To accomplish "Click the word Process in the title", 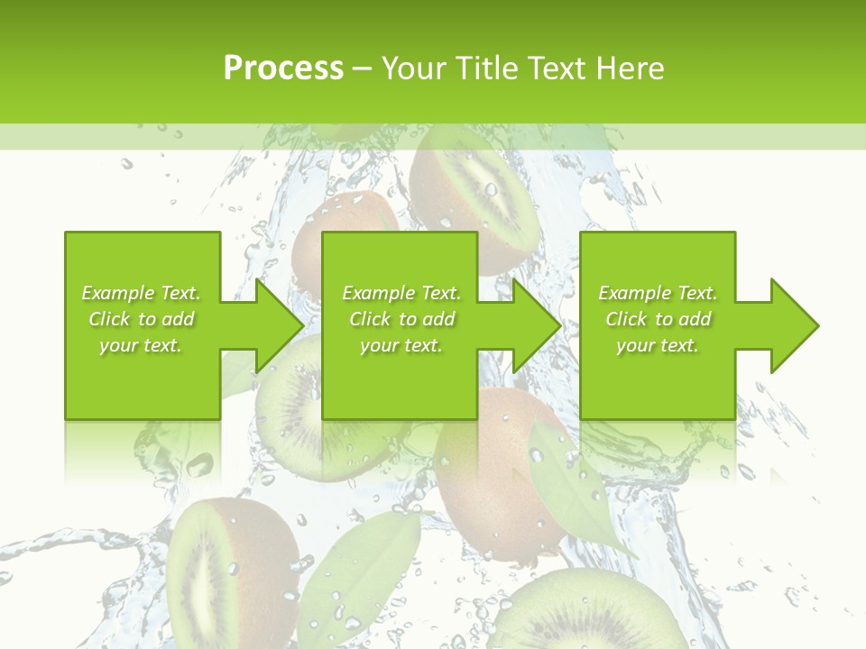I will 283,69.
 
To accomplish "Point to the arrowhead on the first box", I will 280,325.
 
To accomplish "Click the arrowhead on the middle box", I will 538,325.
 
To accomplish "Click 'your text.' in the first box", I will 141,345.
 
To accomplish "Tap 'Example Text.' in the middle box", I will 401,293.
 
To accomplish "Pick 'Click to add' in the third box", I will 659,319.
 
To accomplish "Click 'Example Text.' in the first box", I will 141,293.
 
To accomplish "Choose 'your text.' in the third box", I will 658,345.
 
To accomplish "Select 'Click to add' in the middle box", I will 401,319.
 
